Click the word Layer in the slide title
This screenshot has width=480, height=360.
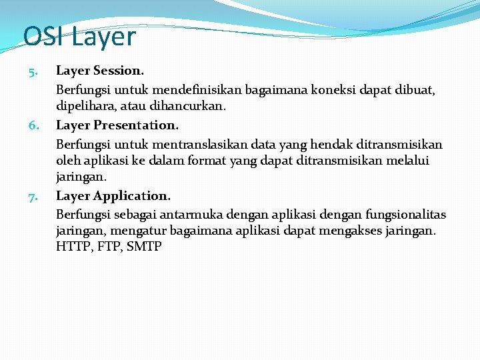103,38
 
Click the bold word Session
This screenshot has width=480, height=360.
119,70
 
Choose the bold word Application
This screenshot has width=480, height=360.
132,196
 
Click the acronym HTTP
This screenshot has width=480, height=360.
72,247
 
